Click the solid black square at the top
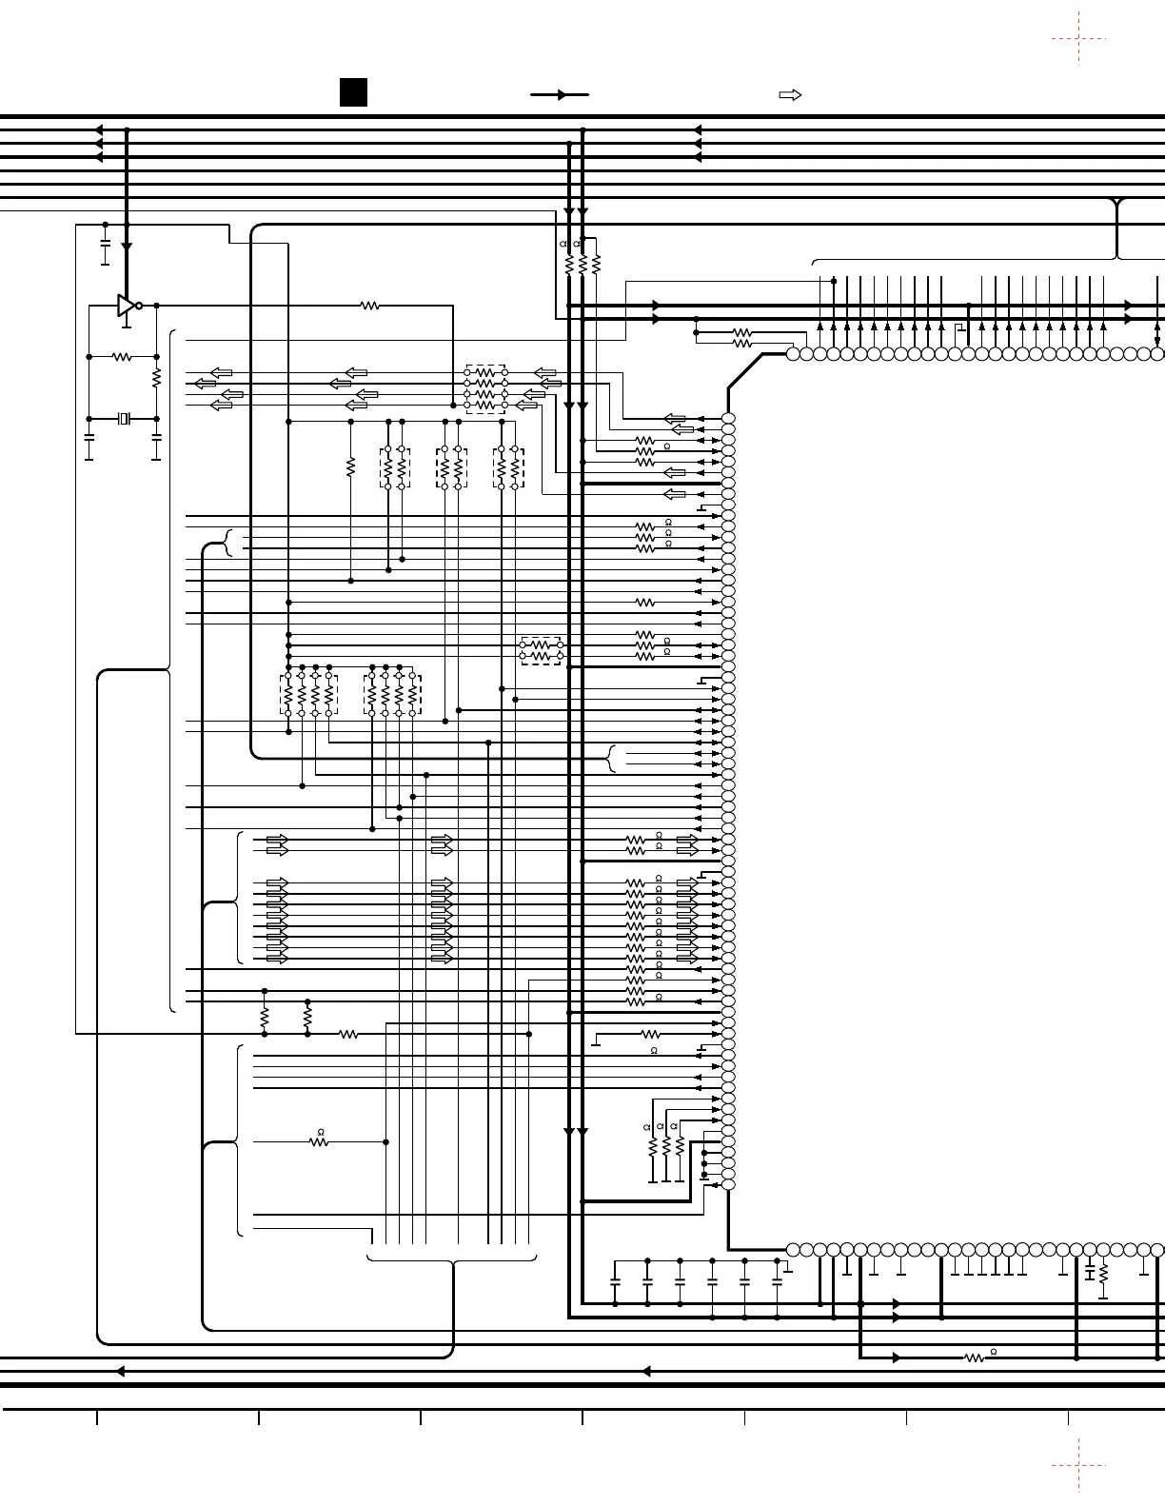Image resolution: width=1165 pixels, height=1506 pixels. [353, 92]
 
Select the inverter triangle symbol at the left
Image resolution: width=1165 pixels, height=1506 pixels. [127, 305]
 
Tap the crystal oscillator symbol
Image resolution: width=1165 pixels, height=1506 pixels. [124, 419]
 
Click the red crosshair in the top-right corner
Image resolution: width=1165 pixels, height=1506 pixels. [1078, 38]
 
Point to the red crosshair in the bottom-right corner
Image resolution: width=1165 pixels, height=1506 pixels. [1078, 1465]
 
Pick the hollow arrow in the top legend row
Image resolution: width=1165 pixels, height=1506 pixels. [790, 95]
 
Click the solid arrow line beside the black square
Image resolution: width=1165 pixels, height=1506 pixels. [560, 95]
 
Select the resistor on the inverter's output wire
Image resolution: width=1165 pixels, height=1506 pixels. [370, 305]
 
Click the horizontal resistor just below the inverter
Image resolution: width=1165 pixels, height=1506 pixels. [122, 357]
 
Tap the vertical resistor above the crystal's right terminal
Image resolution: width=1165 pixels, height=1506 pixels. [156, 378]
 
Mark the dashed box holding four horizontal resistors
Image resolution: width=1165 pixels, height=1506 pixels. [485, 388]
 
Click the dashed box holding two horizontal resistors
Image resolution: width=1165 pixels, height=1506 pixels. [542, 651]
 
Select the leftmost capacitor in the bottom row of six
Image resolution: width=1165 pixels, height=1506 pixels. [615, 1283]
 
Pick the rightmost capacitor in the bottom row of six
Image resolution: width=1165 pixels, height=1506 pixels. [777, 1283]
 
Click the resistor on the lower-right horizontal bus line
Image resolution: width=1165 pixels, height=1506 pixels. [975, 1357]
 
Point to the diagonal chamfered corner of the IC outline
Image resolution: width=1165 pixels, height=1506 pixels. [745, 371]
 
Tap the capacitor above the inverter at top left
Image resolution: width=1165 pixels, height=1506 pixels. [106, 245]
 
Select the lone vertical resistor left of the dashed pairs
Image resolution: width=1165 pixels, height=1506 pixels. [350, 467]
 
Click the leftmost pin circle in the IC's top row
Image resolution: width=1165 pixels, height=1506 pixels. [793, 354]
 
